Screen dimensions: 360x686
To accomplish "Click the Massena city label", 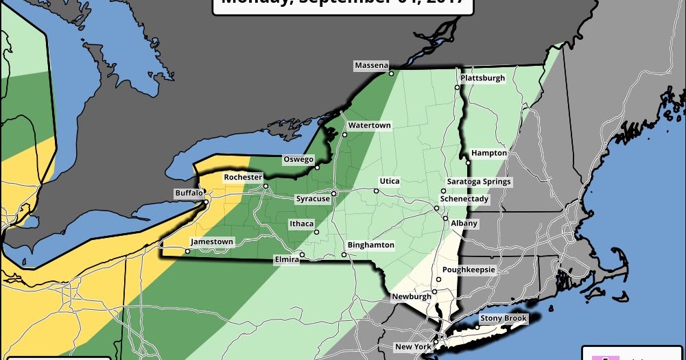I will click(x=371, y=66).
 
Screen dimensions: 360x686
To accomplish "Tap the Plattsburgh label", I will click(x=482, y=78).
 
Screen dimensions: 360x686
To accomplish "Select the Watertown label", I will click(x=369, y=125).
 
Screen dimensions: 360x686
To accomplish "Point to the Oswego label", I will click(x=298, y=159).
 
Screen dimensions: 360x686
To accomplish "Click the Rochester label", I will click(x=244, y=177).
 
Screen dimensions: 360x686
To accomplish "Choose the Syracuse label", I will click(x=312, y=199).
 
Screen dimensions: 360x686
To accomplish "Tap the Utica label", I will click(x=389, y=181).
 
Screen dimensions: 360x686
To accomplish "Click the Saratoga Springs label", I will click(x=479, y=182).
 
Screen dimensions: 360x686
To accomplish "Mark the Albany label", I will click(x=464, y=224).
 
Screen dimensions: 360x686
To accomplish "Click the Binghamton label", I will click(x=371, y=245).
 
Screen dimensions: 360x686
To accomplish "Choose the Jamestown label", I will click(x=212, y=242).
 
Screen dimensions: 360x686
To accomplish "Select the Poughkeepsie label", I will click(x=469, y=269).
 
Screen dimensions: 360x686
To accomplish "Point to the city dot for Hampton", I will click(x=468, y=163).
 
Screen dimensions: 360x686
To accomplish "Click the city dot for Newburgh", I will click(x=434, y=291).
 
